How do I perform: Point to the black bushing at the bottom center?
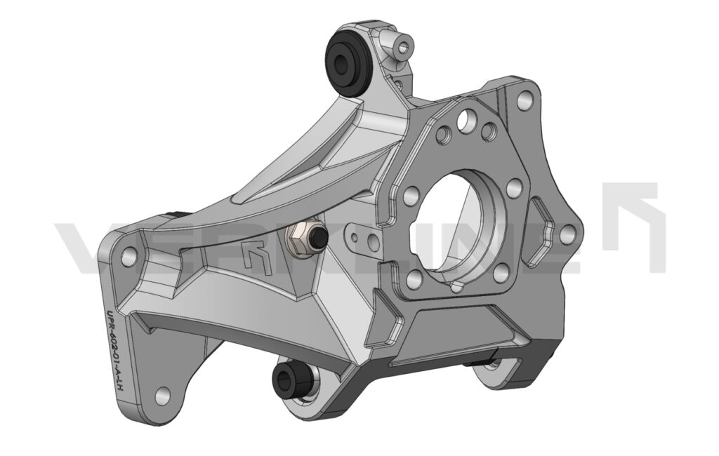(x=289, y=380)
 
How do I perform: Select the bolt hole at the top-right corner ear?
(x=523, y=99)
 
